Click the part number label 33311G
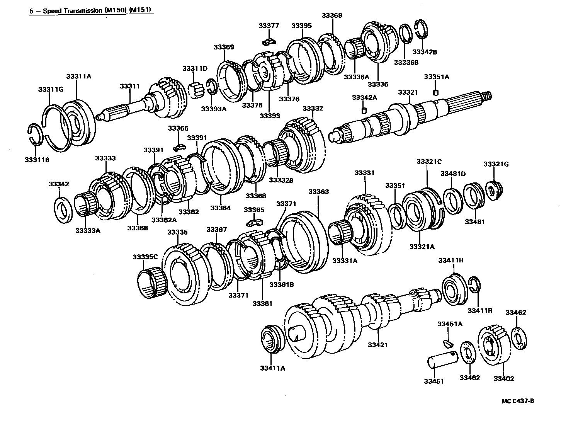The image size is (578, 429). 51,90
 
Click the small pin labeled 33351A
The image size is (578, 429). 436,92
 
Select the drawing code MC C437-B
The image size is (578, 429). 517,401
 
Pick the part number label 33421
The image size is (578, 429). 377,345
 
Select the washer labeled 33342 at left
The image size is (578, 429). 62,210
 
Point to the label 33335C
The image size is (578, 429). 145,257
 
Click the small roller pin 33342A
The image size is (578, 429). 363,111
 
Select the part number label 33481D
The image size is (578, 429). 453,174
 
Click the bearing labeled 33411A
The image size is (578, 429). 272,339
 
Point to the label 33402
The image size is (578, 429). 504,378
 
